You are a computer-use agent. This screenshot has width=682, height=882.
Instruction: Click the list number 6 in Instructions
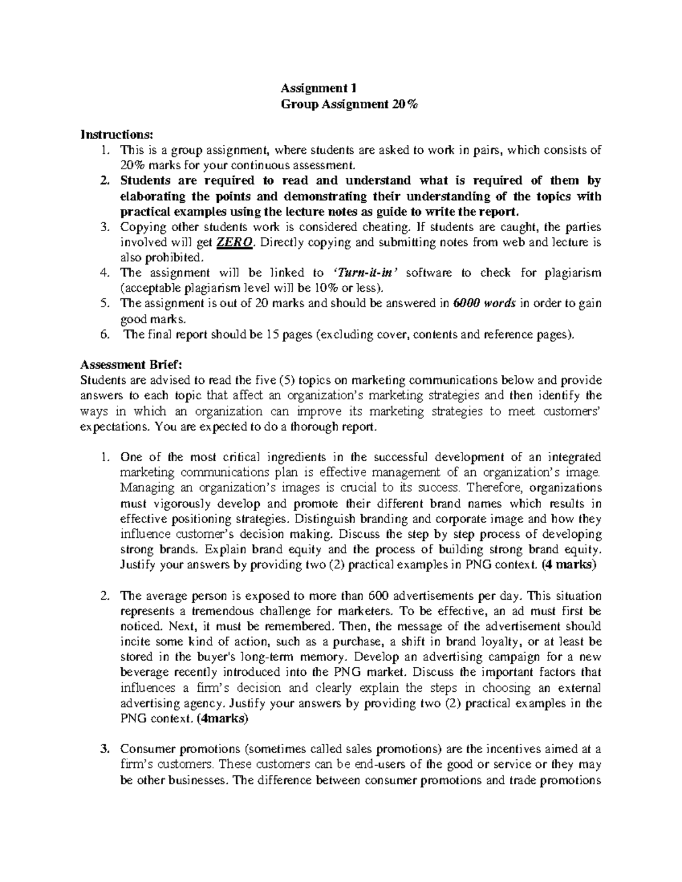[x=103, y=335]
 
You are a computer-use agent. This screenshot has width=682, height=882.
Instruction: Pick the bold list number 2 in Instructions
[x=103, y=181]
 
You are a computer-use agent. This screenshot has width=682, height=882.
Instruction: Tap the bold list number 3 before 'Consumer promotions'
[x=103, y=749]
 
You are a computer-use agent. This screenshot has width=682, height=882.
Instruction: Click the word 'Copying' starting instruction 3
[x=140, y=227]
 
